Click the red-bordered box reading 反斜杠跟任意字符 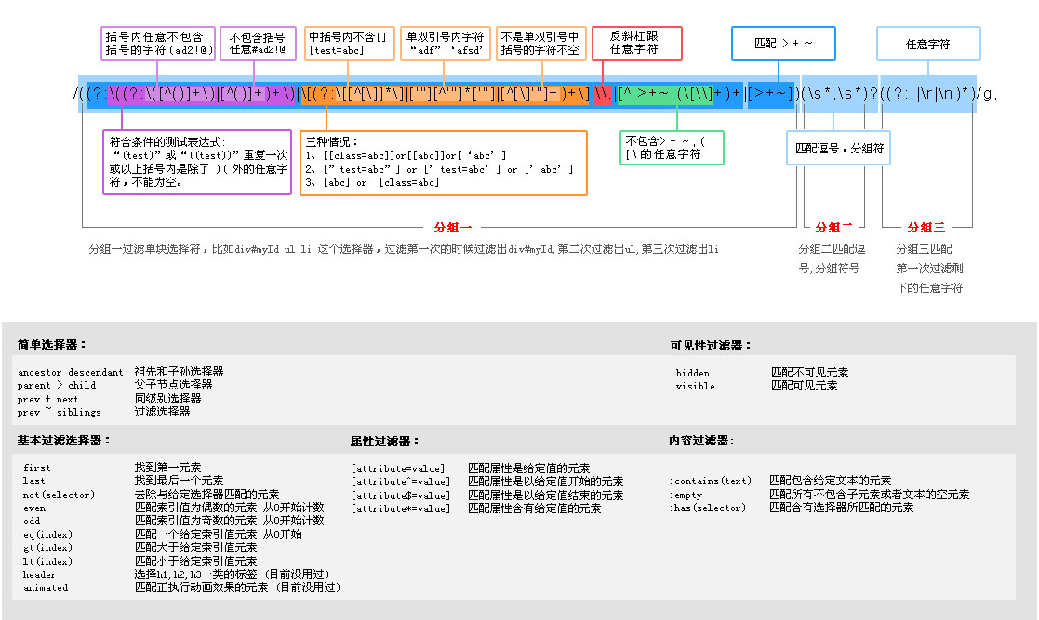637,43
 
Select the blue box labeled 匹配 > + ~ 783,44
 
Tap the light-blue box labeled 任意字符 927,44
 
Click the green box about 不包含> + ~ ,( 672,148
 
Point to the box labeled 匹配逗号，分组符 840,148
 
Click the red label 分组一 453,227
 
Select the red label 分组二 833,227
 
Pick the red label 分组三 926,227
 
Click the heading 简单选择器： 52,345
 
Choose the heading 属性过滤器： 385,442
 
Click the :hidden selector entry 690,373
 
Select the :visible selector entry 693,386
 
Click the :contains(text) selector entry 711,481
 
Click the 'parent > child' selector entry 57,385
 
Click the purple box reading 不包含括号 258,43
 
